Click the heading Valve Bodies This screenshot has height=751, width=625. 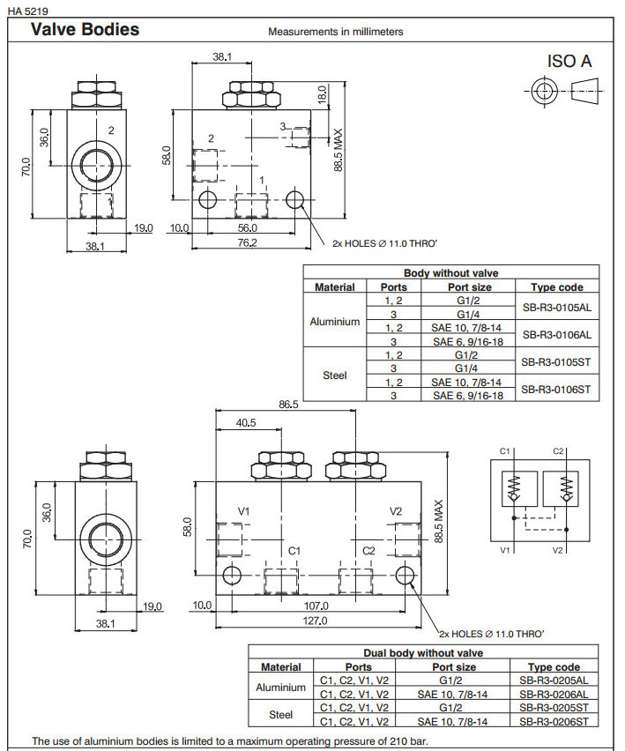[x=85, y=29]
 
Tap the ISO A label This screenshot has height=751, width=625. [x=569, y=61]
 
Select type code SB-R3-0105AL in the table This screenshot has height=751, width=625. [x=556, y=307]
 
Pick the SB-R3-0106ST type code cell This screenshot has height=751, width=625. [x=556, y=389]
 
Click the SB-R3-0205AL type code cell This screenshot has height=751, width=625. [x=553, y=681]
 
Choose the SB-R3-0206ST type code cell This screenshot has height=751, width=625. [x=553, y=721]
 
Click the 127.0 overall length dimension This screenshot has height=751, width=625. [x=316, y=621]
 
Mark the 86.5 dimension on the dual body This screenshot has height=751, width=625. [x=288, y=405]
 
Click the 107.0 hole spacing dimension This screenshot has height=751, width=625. [x=316, y=606]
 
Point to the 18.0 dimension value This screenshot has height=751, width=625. [x=322, y=93]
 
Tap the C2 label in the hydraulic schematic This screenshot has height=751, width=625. [x=558, y=450]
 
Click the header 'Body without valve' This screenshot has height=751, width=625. [x=450, y=273]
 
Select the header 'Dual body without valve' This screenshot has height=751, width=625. [x=422, y=653]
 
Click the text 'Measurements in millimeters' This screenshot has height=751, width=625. [x=335, y=32]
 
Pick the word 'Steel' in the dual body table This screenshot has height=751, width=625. [x=280, y=715]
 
